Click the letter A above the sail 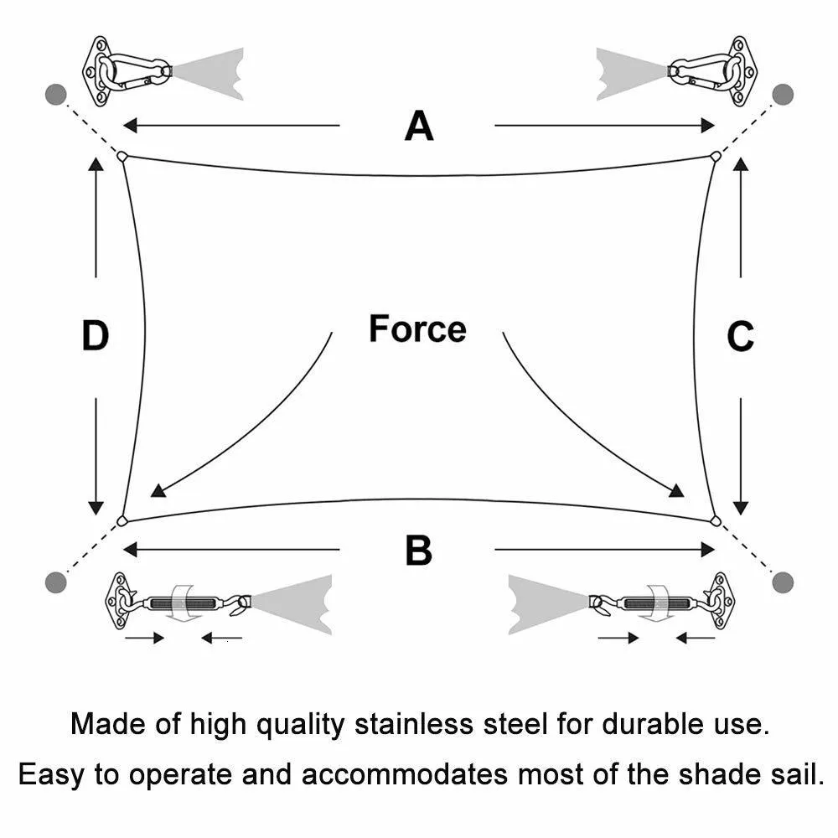point(419,126)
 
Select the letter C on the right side point(740,336)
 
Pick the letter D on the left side point(96,336)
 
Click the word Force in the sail point(417,328)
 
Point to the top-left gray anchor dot point(55,95)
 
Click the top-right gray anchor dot point(783,95)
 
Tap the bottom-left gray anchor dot point(55,582)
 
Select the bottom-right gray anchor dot point(783,582)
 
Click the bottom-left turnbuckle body point(183,603)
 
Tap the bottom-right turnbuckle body point(657,603)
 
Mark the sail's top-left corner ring point(122,157)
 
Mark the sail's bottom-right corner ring point(716,521)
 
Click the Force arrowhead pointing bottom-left point(158,490)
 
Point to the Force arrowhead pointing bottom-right point(677,490)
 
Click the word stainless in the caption point(414,724)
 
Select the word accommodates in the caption point(404,774)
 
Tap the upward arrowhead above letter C point(740,164)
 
